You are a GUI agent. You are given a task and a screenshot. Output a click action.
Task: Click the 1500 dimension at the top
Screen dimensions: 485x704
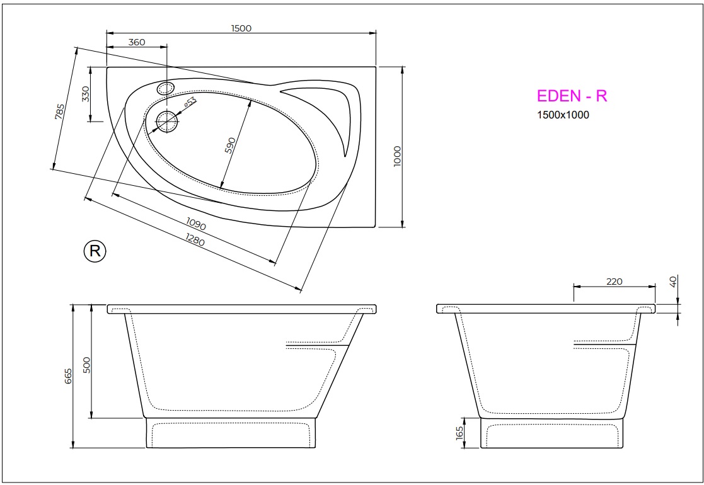[x=241, y=28]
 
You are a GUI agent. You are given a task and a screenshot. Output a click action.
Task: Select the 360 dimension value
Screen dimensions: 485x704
[x=137, y=42]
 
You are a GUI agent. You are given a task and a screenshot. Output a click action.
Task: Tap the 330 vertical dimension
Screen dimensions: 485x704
[x=86, y=94]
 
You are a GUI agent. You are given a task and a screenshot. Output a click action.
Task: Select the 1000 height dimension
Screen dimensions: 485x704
[x=396, y=156]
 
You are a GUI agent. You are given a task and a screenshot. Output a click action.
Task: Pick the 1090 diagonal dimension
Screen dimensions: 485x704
[x=197, y=224]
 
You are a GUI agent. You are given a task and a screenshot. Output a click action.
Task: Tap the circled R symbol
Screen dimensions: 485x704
[x=95, y=251]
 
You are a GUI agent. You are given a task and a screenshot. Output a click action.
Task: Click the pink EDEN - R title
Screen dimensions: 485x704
[x=572, y=96]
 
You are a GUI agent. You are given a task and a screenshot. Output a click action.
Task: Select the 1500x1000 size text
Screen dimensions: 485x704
[x=563, y=115]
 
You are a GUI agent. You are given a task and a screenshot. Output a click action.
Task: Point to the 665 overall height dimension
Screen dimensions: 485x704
[x=68, y=376]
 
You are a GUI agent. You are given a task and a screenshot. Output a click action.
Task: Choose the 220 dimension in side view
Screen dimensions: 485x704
[x=614, y=281]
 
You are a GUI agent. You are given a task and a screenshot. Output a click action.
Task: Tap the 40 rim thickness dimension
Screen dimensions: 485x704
[x=674, y=282]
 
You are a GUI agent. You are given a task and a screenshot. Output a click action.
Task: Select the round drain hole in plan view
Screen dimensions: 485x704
[x=167, y=121]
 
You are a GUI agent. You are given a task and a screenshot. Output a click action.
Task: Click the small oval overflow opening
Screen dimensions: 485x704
[x=166, y=88]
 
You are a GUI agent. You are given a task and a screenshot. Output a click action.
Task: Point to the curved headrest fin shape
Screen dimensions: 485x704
[x=337, y=110]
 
